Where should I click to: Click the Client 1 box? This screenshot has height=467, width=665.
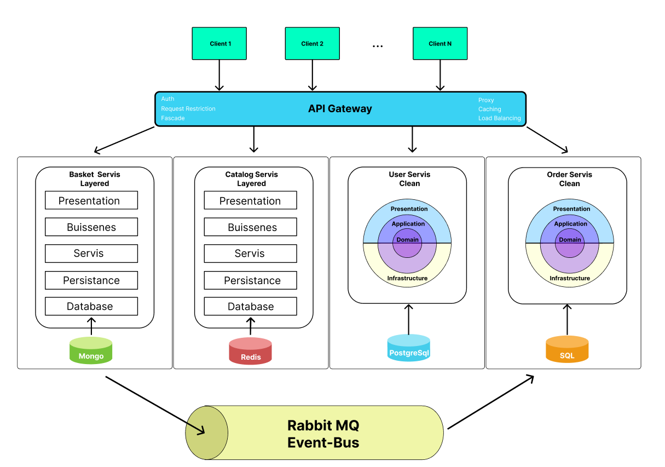[x=219, y=44]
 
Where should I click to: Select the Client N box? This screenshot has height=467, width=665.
[x=440, y=44]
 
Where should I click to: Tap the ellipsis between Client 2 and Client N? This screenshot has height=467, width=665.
[x=378, y=47]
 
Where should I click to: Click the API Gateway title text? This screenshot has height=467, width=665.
[x=340, y=109]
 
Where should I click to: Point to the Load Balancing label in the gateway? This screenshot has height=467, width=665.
[x=499, y=118]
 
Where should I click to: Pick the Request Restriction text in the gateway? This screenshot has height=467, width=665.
[x=188, y=109]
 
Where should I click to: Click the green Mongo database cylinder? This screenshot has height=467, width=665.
[x=91, y=351]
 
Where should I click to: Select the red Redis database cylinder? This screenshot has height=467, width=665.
[x=250, y=351]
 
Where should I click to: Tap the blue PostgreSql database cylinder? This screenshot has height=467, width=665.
[x=409, y=348]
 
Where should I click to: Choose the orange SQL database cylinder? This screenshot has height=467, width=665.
[x=567, y=350]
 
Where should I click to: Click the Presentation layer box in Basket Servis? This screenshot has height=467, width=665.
[x=91, y=201]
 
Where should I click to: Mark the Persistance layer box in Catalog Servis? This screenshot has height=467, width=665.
[x=251, y=280]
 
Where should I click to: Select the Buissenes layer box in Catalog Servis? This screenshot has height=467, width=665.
[x=251, y=227]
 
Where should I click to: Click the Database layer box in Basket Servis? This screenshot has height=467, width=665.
[x=91, y=307]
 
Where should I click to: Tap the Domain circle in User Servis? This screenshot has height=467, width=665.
[x=408, y=240]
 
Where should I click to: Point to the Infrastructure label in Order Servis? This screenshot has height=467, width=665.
[x=570, y=278]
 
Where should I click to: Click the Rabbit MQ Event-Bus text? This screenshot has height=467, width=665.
[x=323, y=434]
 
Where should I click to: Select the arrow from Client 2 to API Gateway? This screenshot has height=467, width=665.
[x=313, y=75]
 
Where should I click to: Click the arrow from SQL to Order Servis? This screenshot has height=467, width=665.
[x=567, y=320]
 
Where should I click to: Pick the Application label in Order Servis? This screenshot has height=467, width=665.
[x=570, y=224]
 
